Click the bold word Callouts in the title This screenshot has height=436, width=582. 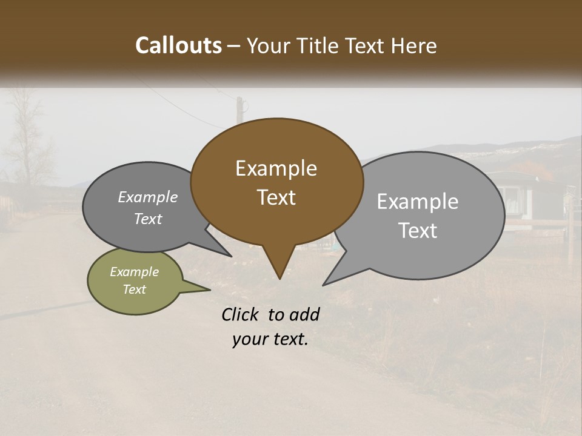click(x=178, y=45)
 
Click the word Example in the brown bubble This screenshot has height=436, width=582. click(x=276, y=168)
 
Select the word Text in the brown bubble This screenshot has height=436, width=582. click(x=276, y=197)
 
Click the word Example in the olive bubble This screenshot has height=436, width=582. click(x=135, y=272)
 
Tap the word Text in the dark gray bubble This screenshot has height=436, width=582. click(x=148, y=219)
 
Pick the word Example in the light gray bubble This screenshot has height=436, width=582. click(x=418, y=202)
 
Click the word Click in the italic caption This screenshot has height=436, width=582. click(x=241, y=314)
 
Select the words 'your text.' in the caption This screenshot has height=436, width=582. click(x=270, y=339)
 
